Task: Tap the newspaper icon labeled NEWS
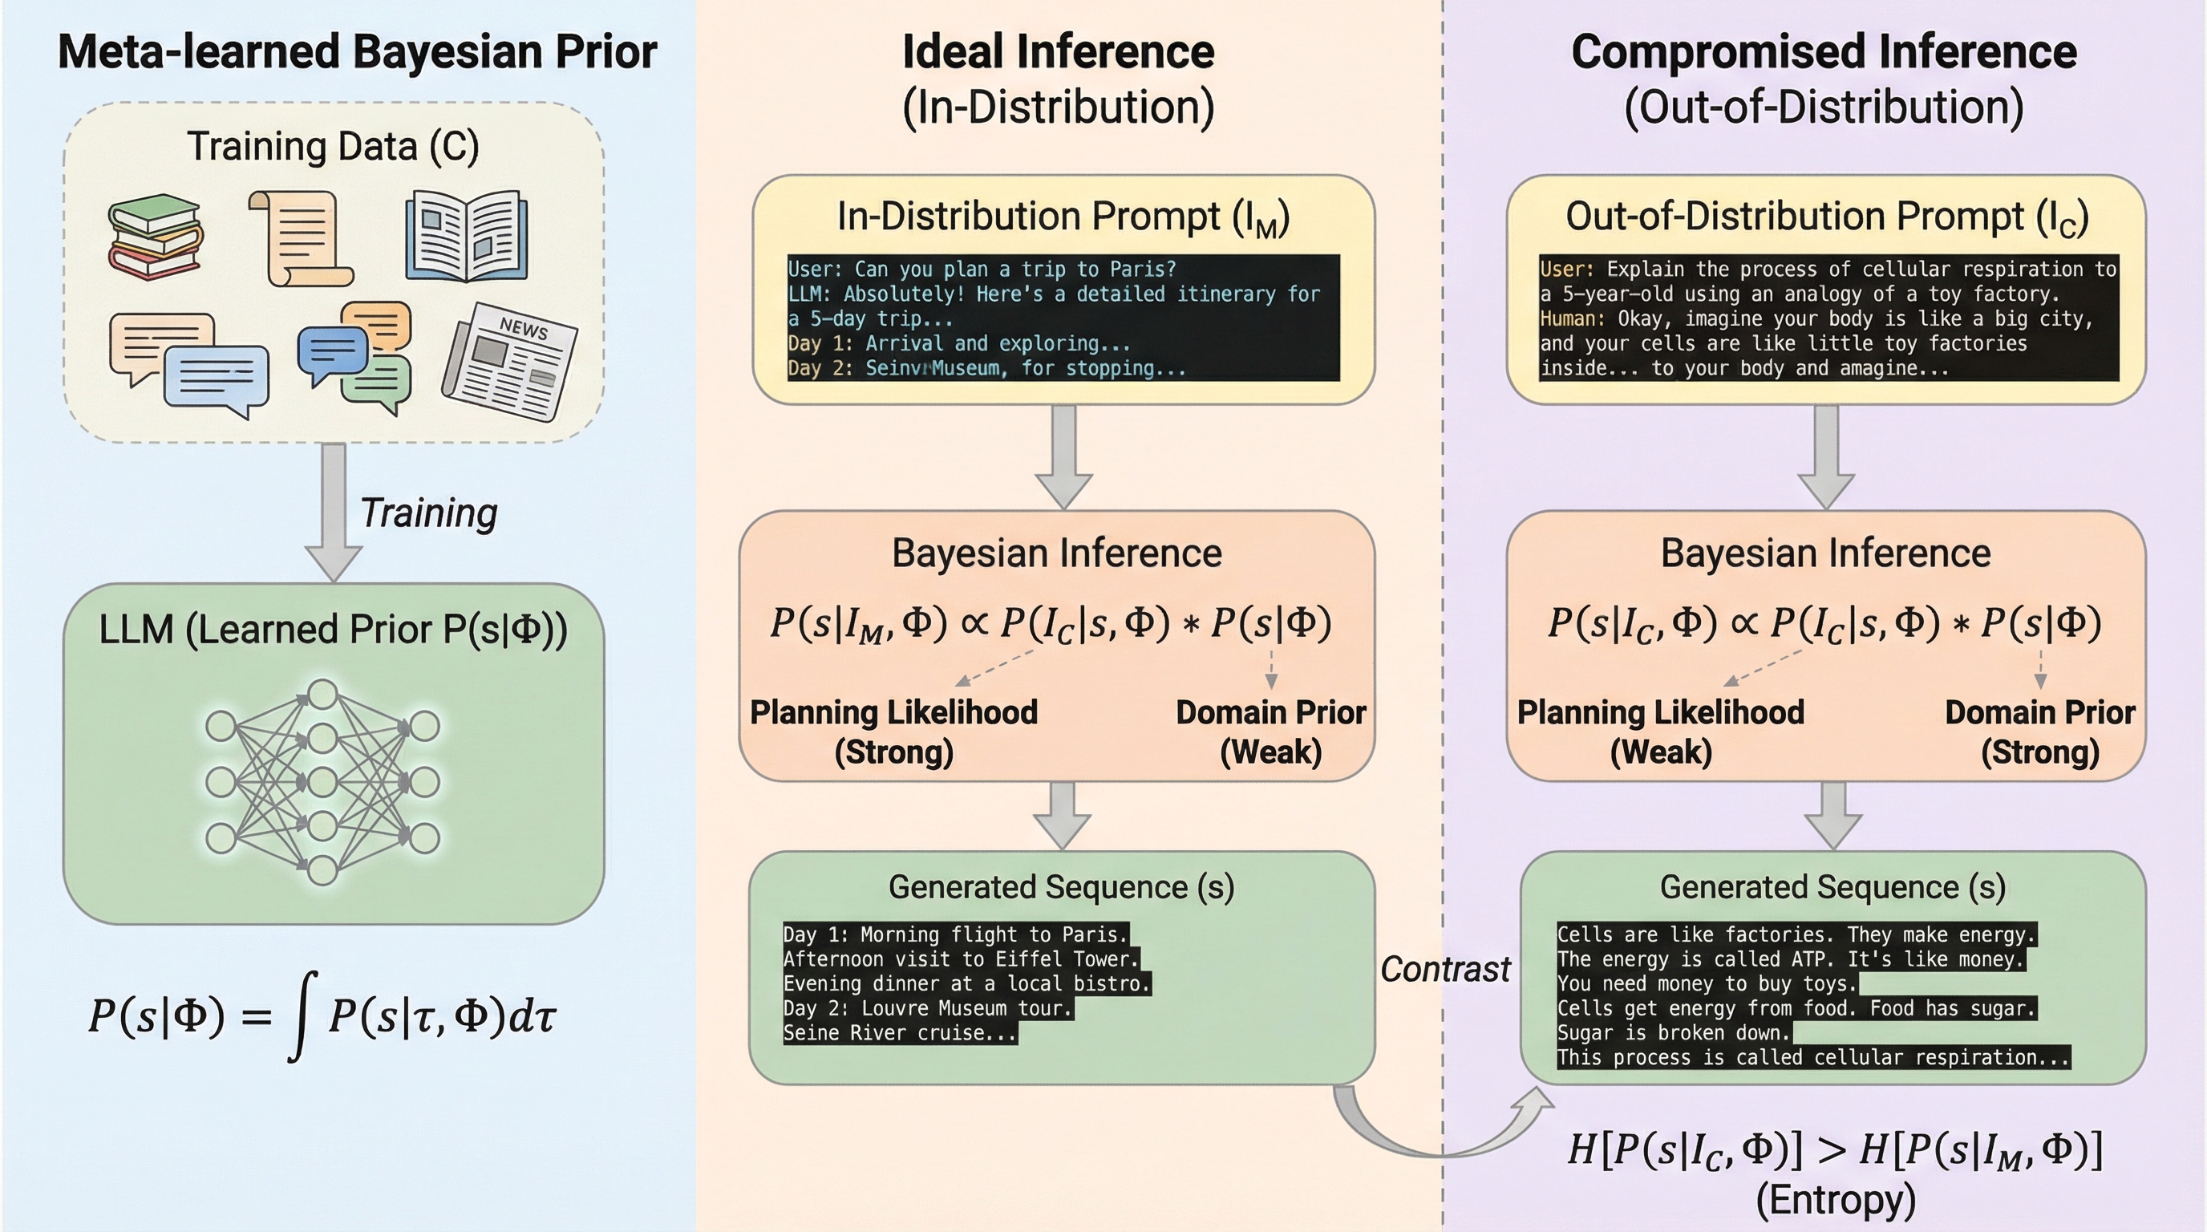point(509,363)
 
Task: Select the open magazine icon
point(466,237)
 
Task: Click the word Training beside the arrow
point(428,513)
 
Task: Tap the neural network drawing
point(322,781)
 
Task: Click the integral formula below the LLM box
point(323,1016)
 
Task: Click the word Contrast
point(1445,969)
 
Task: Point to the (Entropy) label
point(1835,1199)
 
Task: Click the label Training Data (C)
point(334,147)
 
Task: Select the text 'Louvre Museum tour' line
point(928,1008)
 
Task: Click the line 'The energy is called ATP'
point(1791,959)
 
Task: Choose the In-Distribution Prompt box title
point(1063,217)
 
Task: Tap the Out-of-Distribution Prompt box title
point(1827,217)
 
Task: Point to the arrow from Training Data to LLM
point(334,512)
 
